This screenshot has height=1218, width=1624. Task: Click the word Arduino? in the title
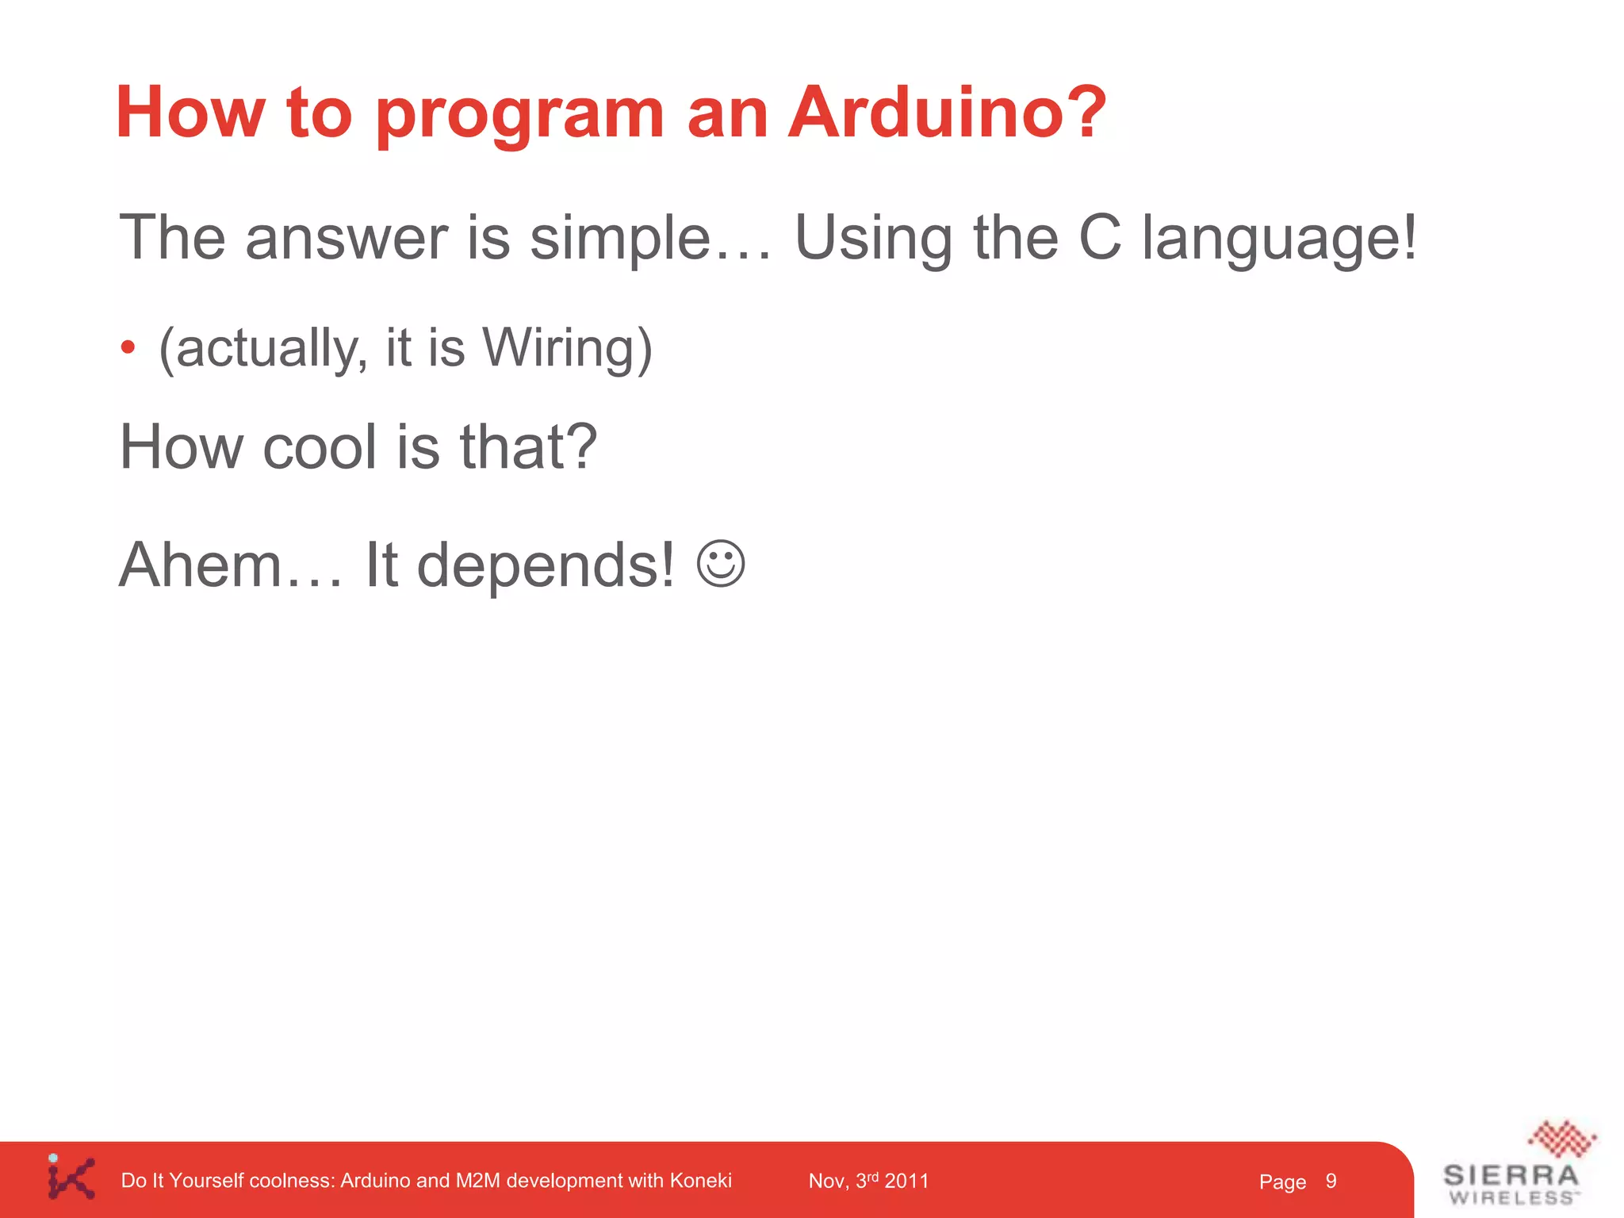pyautogui.click(x=947, y=113)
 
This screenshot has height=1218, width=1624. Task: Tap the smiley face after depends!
pyautogui.click(x=721, y=564)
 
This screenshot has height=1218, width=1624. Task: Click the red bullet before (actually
pyautogui.click(x=128, y=347)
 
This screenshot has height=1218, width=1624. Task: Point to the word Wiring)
pyautogui.click(x=567, y=349)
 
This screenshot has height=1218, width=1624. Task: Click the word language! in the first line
pyautogui.click(x=1278, y=238)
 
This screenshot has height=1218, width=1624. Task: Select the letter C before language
pyautogui.click(x=1100, y=237)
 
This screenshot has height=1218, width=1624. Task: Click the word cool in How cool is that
pyautogui.click(x=319, y=447)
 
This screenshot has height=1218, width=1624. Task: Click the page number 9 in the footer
pyautogui.click(x=1331, y=1181)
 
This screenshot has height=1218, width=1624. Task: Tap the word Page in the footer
pyautogui.click(x=1281, y=1182)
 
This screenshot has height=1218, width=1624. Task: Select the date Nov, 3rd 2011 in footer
pyautogui.click(x=868, y=1181)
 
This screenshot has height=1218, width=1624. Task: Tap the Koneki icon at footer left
pyautogui.click(x=71, y=1178)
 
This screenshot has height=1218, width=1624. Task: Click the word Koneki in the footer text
pyautogui.click(x=700, y=1181)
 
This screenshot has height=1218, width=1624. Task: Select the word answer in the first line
pyautogui.click(x=347, y=238)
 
